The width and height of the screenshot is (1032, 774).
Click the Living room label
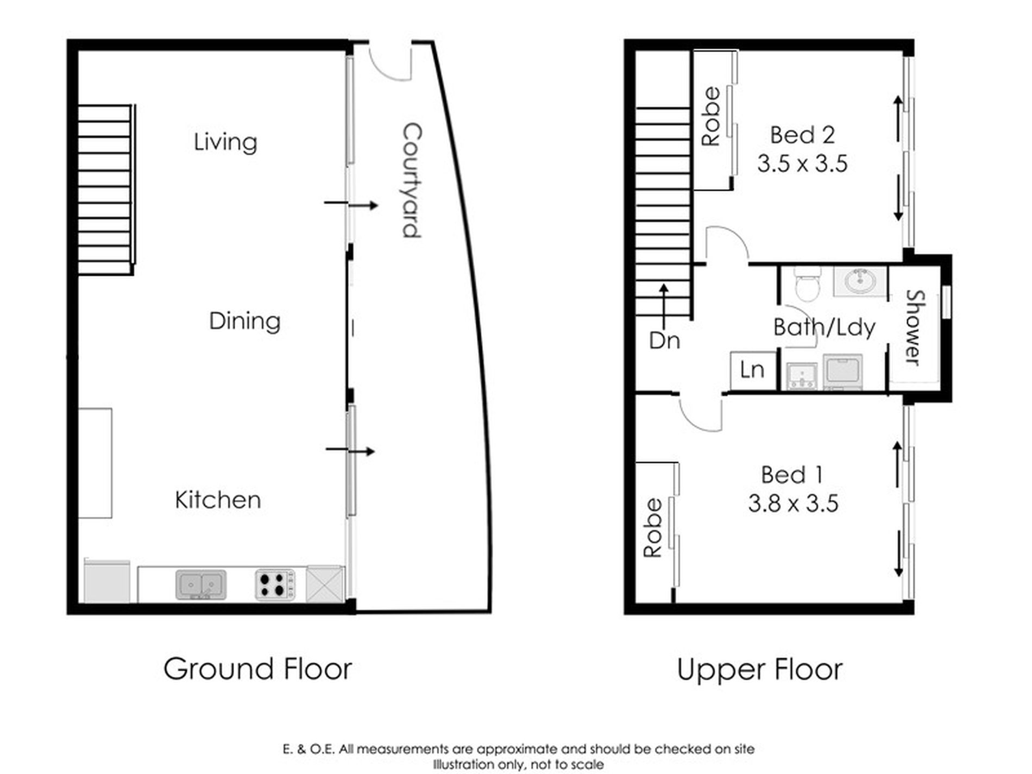coord(225,142)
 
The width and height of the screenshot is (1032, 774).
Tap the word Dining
coord(244,321)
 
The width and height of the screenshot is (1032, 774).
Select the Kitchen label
coord(218,500)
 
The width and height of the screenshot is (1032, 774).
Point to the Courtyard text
coord(412,180)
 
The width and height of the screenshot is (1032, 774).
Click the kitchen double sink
coord(201,584)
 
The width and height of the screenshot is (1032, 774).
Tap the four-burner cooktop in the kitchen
coord(275,584)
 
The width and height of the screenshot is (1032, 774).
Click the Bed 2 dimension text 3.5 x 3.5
coord(802,163)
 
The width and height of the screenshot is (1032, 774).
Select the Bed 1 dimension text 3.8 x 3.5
coord(793,504)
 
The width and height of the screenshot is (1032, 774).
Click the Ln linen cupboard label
coord(752,370)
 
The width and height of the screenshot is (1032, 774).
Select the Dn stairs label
coord(664,341)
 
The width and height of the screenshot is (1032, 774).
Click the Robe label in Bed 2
coord(710,116)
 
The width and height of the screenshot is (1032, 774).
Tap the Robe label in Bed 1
coord(652,528)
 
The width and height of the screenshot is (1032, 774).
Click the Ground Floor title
coord(257,669)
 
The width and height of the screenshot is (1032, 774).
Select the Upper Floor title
coord(759,670)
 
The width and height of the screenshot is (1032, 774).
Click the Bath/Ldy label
coord(824,328)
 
